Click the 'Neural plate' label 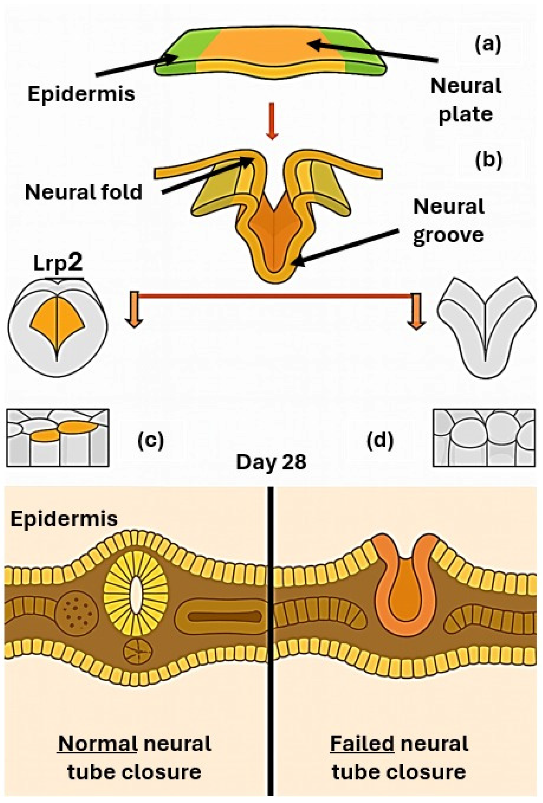tap(465, 100)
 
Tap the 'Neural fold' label tap(83, 192)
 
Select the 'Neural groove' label tap(448, 221)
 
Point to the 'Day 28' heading tap(271, 462)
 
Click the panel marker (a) tap(487, 45)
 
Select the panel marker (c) tap(151, 441)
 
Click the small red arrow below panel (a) tap(272, 121)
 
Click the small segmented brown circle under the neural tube tap(138, 651)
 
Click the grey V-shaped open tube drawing tap(486, 328)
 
